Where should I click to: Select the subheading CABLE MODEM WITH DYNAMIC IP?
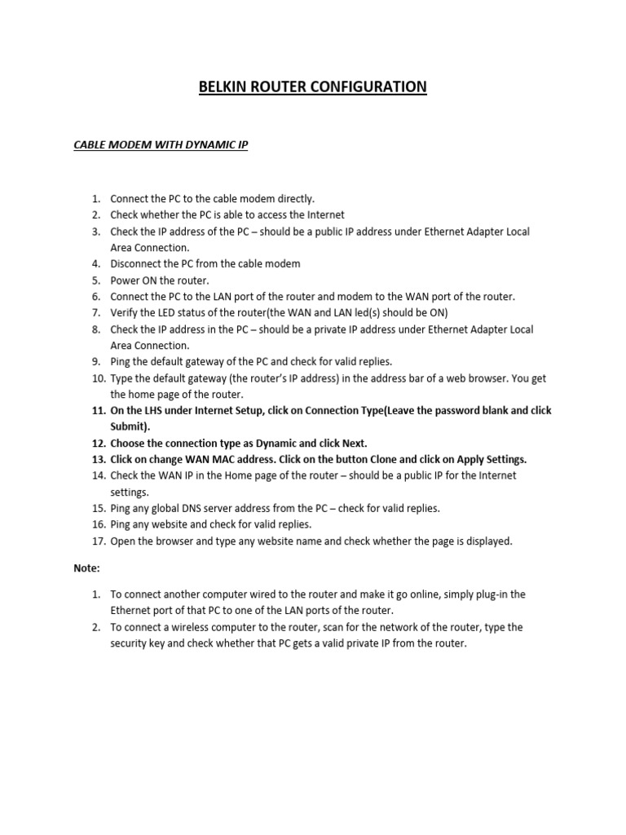click(x=161, y=145)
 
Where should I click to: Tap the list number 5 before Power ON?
click(x=95, y=280)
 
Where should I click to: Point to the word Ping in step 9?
click(x=121, y=361)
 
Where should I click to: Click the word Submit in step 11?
click(x=129, y=426)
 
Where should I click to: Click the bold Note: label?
click(x=86, y=568)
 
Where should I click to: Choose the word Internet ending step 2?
click(x=324, y=214)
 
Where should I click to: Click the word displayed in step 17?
click(x=489, y=541)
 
